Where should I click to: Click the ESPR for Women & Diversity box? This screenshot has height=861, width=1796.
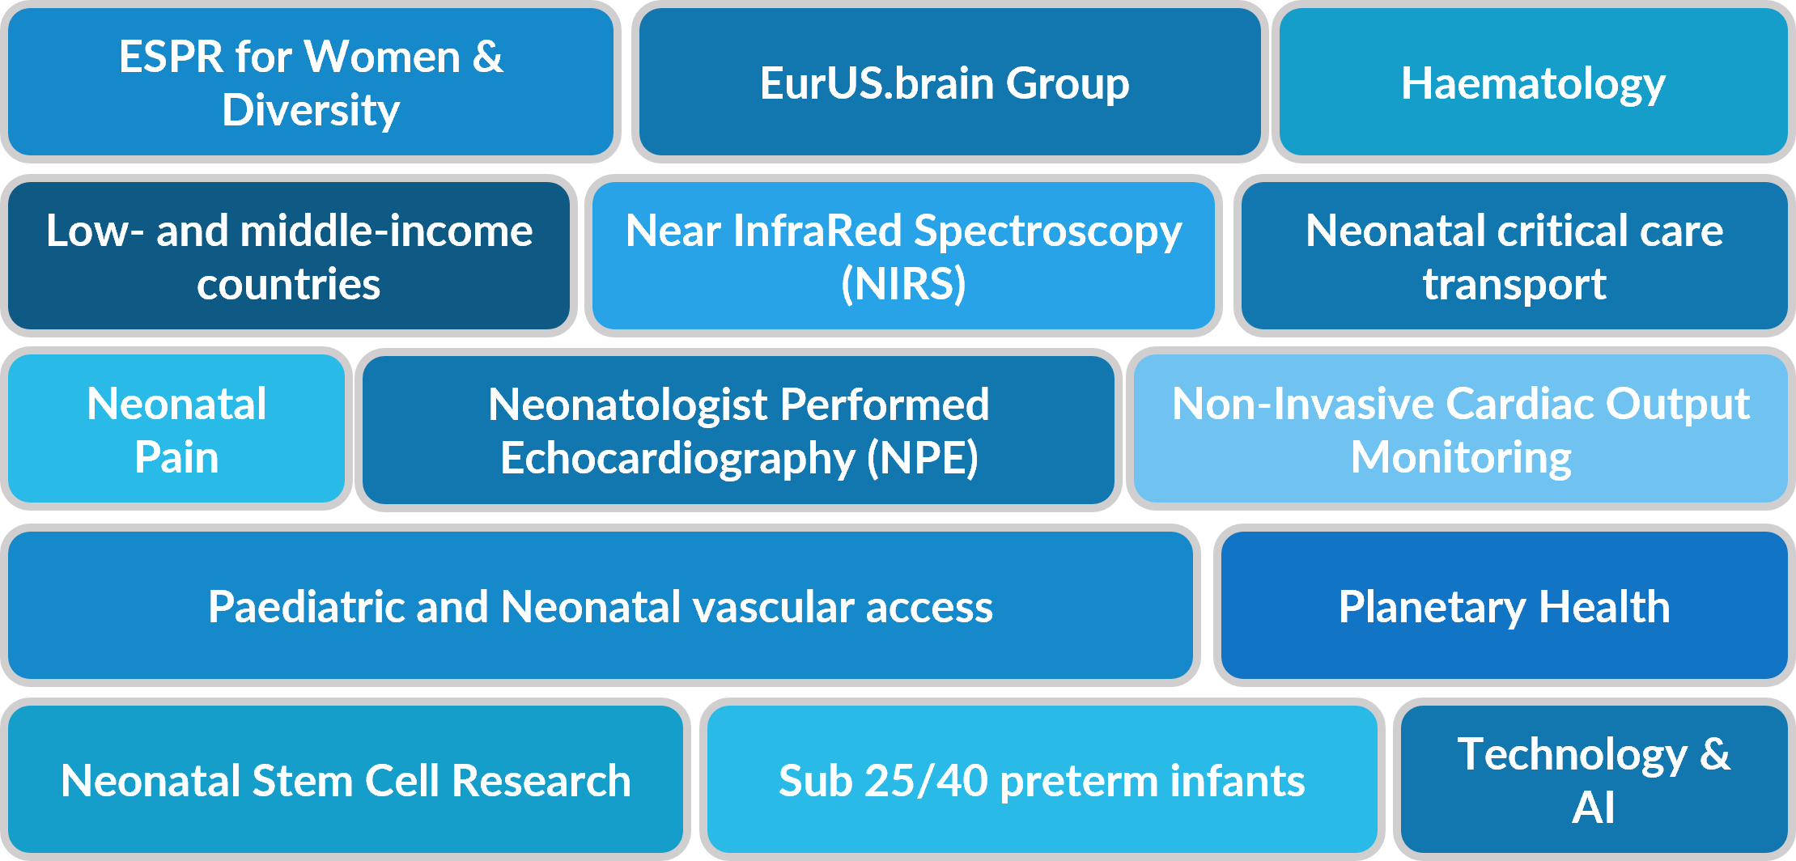click(311, 82)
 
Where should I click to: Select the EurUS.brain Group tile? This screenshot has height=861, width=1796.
click(949, 82)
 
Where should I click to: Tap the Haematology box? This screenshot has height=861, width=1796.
click(1533, 82)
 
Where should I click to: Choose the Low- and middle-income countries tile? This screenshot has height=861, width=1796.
click(289, 256)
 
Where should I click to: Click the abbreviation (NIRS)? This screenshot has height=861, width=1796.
click(903, 284)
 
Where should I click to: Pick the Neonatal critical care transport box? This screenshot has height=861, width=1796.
click(1514, 256)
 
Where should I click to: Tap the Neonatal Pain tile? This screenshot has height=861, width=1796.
click(176, 429)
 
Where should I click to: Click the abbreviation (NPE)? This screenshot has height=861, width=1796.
click(923, 458)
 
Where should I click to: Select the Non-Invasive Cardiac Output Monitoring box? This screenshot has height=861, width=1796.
click(1461, 429)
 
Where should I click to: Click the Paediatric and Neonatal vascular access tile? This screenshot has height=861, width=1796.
click(601, 605)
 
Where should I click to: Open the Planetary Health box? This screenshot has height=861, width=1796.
click(1505, 605)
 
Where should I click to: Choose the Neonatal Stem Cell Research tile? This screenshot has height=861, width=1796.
click(346, 779)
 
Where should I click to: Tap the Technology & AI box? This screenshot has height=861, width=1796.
click(1594, 779)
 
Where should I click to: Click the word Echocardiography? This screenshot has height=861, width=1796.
click(677, 459)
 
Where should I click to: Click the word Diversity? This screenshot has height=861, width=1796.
click(311, 110)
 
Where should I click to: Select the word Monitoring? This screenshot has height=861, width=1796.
click(1461, 458)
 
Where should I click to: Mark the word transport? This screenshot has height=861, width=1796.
click(1514, 285)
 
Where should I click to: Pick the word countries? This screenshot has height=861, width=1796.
click(289, 285)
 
